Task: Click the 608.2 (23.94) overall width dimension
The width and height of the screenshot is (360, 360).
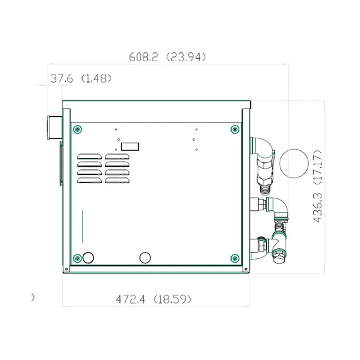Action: tap(167, 57)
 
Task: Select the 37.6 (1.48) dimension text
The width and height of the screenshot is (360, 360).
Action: tap(81, 78)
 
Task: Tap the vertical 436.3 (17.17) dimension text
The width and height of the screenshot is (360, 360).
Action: tap(318, 186)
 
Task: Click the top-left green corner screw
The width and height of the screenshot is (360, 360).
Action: tap(77, 129)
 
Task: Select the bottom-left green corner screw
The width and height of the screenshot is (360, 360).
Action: tap(77, 258)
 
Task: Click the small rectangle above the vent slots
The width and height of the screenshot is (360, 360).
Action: tap(130, 146)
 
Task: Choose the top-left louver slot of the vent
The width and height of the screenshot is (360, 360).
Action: tap(89, 157)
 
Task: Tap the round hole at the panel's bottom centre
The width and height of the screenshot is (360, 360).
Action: tap(145, 257)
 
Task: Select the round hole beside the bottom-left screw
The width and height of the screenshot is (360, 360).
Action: tap(88, 257)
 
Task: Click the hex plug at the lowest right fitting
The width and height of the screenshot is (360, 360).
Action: tap(278, 256)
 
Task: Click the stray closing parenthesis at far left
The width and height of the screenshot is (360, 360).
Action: tap(33, 297)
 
